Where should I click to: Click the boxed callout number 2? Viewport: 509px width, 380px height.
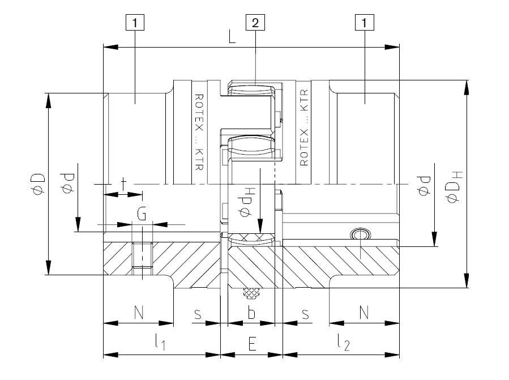coord(255,23)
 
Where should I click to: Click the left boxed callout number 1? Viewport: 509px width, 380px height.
coord(135,23)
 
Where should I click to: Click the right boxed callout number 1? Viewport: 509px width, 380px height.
coord(363,23)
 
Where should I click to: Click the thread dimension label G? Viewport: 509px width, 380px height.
coord(142,215)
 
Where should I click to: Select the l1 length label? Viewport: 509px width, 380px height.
coord(160,343)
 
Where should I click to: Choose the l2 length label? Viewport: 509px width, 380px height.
coord(343,343)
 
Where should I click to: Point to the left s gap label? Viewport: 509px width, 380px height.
coord(198,313)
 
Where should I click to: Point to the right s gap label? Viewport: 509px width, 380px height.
coord(305,313)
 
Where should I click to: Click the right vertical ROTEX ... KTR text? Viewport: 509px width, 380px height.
coord(304,128)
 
